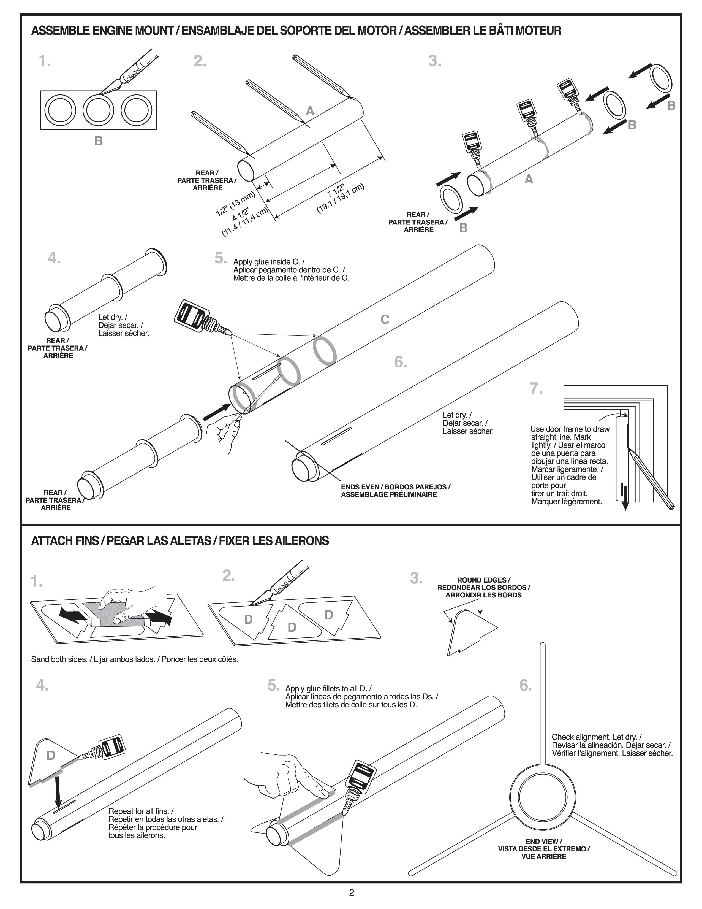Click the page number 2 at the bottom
(x=352, y=892)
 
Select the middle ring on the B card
(x=99, y=110)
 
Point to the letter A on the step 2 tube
(x=310, y=111)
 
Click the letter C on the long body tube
(x=385, y=319)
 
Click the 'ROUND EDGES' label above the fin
(x=483, y=580)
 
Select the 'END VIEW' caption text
(x=544, y=841)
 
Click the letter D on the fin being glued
(x=51, y=755)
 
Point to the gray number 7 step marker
(x=536, y=388)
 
